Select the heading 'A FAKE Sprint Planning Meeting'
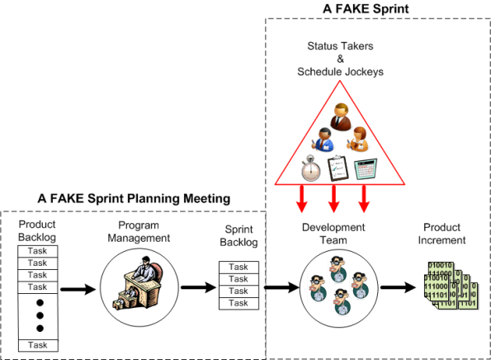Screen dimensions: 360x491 pyautogui.click(x=134, y=199)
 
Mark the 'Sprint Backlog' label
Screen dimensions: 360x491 pyautogui.click(x=241, y=235)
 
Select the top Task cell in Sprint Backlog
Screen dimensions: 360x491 pyautogui.click(x=238, y=267)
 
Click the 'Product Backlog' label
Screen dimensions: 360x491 pyautogui.click(x=38, y=232)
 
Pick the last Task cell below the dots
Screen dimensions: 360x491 pyautogui.click(x=38, y=344)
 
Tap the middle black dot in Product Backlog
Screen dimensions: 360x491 pyautogui.click(x=38, y=315)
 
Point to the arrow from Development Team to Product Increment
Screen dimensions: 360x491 pyautogui.click(x=395, y=289)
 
